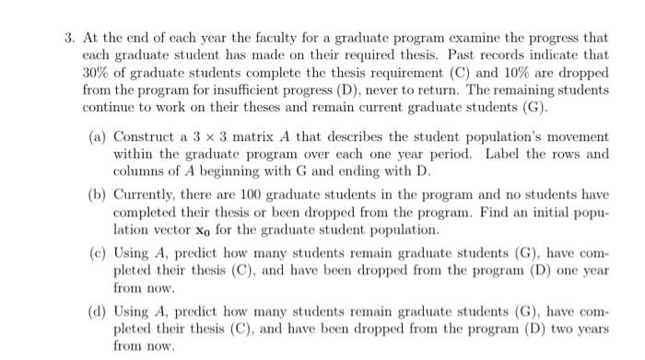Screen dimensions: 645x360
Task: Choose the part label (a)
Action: pyautogui.click(x=98, y=138)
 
